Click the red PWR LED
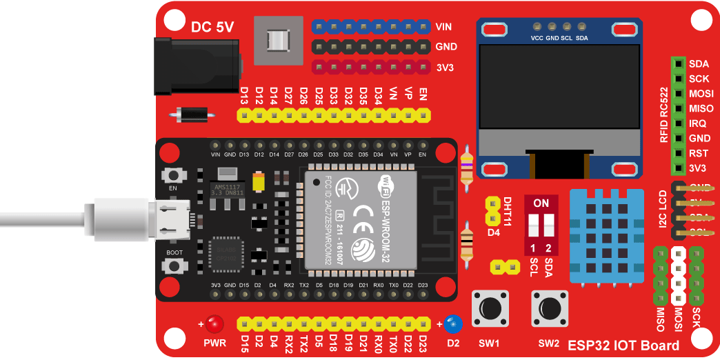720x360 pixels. pyautogui.click(x=215, y=323)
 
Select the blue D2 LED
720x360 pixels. pyautogui.click(x=452, y=323)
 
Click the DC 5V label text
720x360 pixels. pyautogui.click(x=212, y=27)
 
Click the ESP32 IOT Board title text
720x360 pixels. pyautogui.click(x=623, y=345)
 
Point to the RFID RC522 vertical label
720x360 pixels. pyautogui.click(x=663, y=114)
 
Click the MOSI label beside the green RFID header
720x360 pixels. pyautogui.click(x=701, y=94)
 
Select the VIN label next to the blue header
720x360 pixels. pyautogui.click(x=444, y=27)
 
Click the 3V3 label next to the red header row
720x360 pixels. pyautogui.click(x=444, y=68)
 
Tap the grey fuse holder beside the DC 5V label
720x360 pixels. pyautogui.click(x=279, y=41)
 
